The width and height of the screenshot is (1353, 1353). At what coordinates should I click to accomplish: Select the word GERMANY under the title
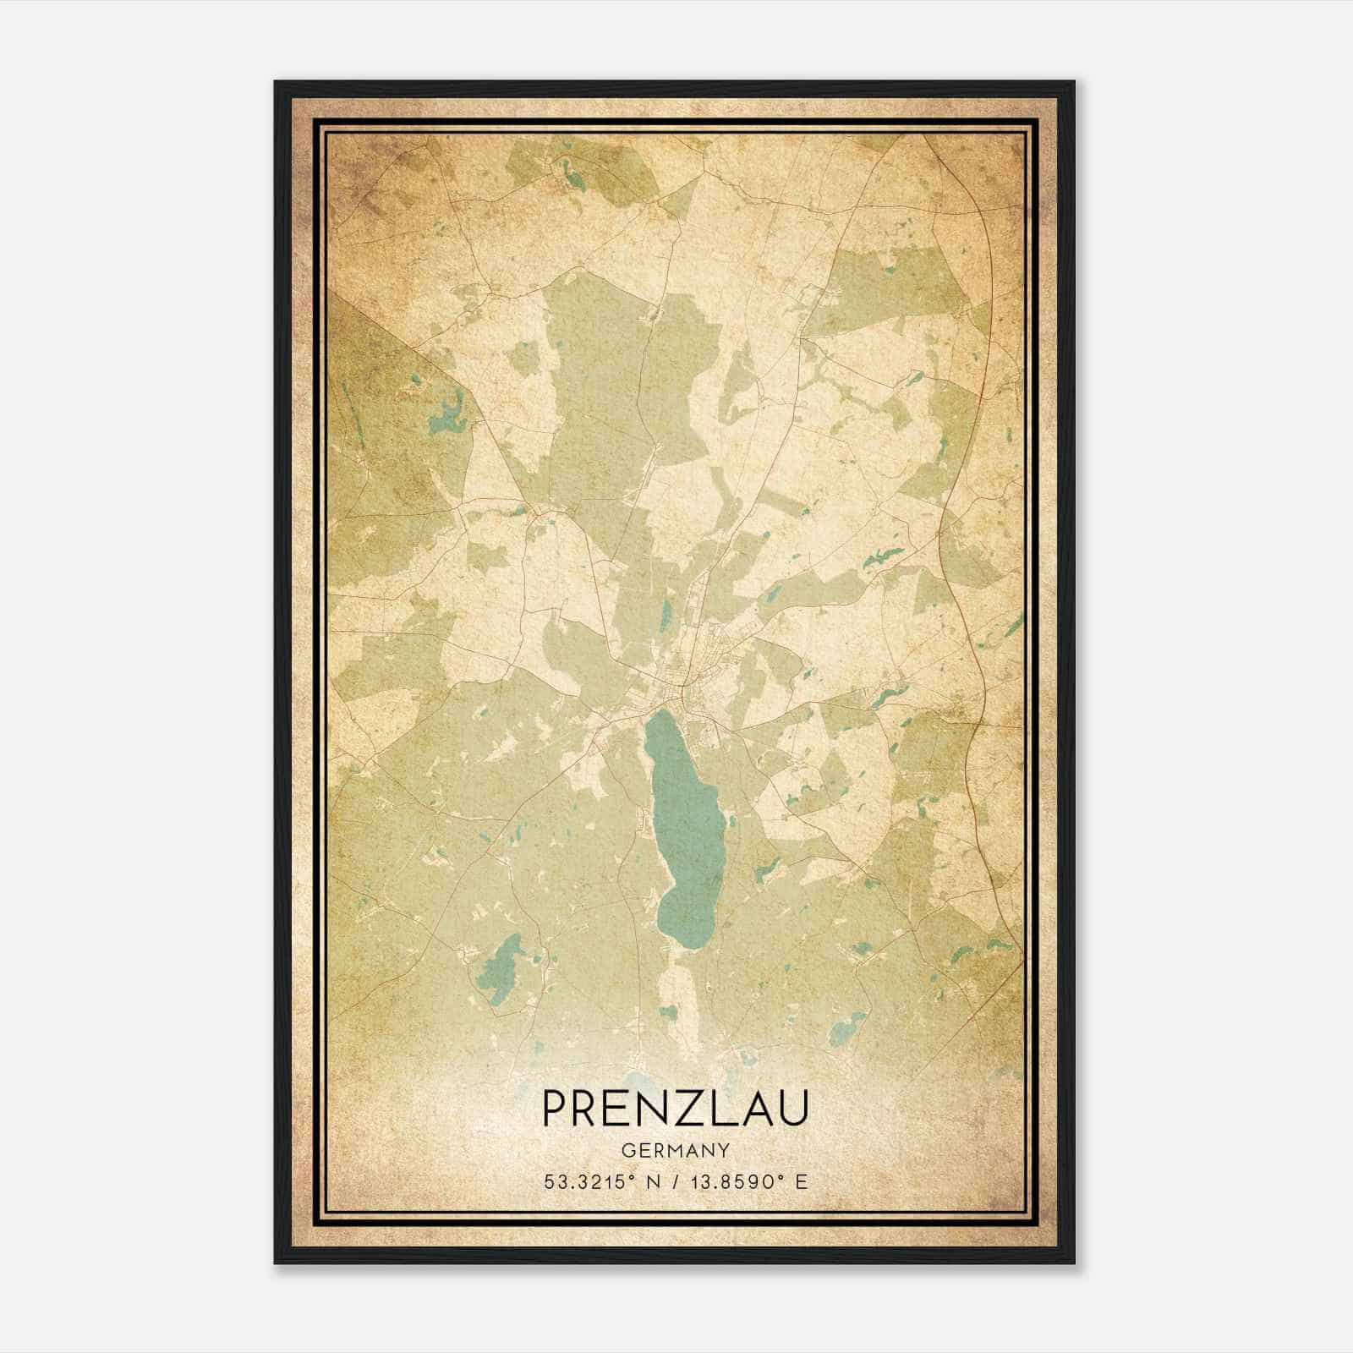(x=675, y=1150)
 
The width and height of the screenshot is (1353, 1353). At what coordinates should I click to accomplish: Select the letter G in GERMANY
(x=627, y=1150)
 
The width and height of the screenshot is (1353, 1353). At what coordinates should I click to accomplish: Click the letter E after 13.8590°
(x=802, y=1180)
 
